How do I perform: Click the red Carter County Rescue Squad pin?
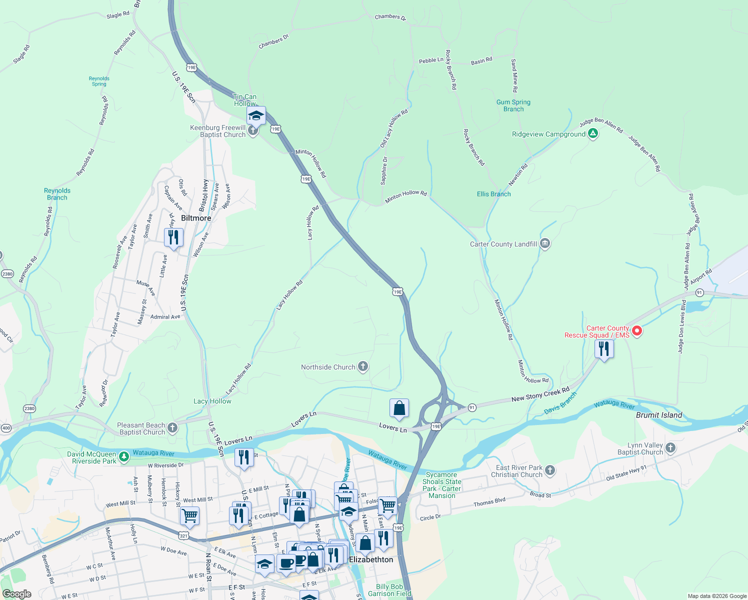click(x=637, y=330)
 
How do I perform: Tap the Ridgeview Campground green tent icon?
click(x=592, y=133)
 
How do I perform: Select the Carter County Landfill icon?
click(x=545, y=244)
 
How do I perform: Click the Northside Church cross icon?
click(x=363, y=367)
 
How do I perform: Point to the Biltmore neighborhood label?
click(x=196, y=218)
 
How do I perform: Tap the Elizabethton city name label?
click(x=371, y=559)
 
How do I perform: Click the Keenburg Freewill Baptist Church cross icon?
click(x=253, y=131)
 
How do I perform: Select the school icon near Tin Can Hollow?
click(x=256, y=115)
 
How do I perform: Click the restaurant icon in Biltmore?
click(x=173, y=236)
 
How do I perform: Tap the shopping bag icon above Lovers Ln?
click(x=399, y=408)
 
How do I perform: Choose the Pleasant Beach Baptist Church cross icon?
click(x=172, y=427)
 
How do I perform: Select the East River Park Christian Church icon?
click(x=550, y=470)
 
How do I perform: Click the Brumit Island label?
click(x=658, y=415)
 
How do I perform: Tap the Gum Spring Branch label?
click(x=513, y=105)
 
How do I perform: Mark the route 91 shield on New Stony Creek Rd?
click(x=472, y=407)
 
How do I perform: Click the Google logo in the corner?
click(x=17, y=593)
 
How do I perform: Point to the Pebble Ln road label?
click(x=431, y=60)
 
